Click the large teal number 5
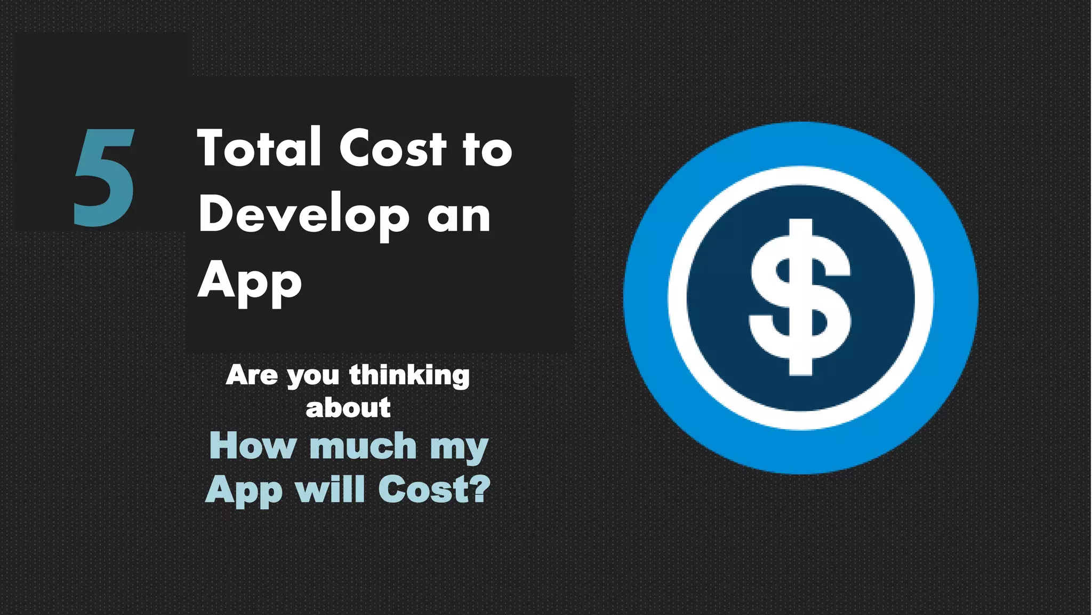[103, 177]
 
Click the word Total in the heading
[259, 148]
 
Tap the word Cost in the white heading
[392, 148]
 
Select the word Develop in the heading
[304, 216]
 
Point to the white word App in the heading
[250, 282]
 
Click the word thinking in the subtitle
[409, 376]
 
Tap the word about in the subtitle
[348, 408]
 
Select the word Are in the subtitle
[252, 375]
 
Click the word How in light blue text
[252, 445]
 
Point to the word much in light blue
[363, 445]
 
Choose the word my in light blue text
[459, 448]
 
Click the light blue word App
[244, 490]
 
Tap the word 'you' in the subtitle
[313, 377]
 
